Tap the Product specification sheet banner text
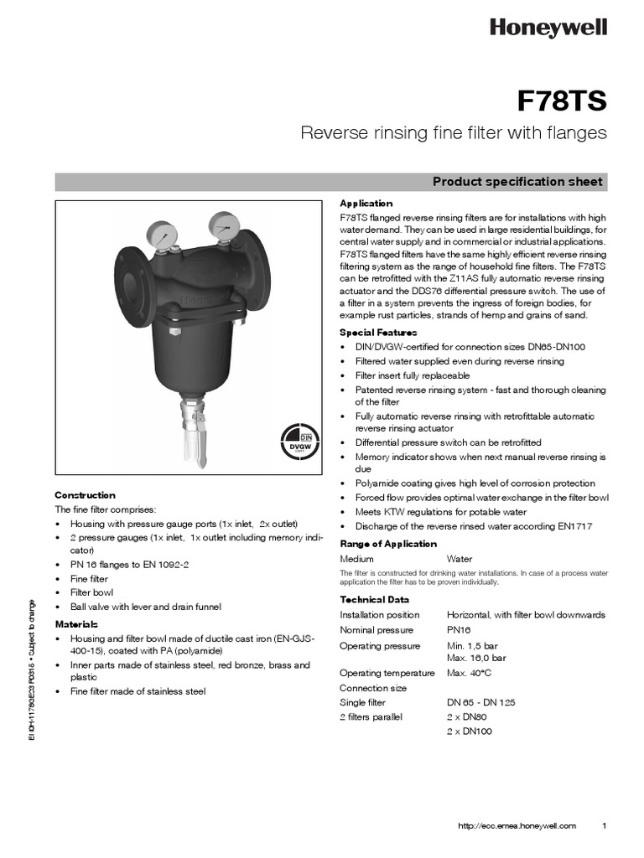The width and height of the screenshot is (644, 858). [x=517, y=182]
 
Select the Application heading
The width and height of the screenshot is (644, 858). [x=366, y=204]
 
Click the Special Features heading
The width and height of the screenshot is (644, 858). [x=378, y=333]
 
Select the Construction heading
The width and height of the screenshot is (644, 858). [x=85, y=495]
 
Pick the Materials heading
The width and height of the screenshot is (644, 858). [x=76, y=624]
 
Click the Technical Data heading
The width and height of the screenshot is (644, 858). [x=374, y=599]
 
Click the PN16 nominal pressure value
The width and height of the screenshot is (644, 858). [x=460, y=630]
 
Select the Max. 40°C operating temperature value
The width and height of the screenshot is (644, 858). [x=468, y=673]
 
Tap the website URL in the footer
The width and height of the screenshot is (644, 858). [x=517, y=825]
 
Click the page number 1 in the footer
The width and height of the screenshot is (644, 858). [x=605, y=825]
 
